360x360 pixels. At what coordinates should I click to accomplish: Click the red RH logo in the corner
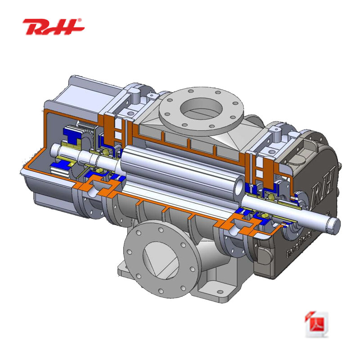(53, 27)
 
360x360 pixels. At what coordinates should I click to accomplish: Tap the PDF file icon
(317, 324)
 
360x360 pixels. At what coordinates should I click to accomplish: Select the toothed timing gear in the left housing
(83, 130)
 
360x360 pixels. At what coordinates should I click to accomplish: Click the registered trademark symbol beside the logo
(80, 21)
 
